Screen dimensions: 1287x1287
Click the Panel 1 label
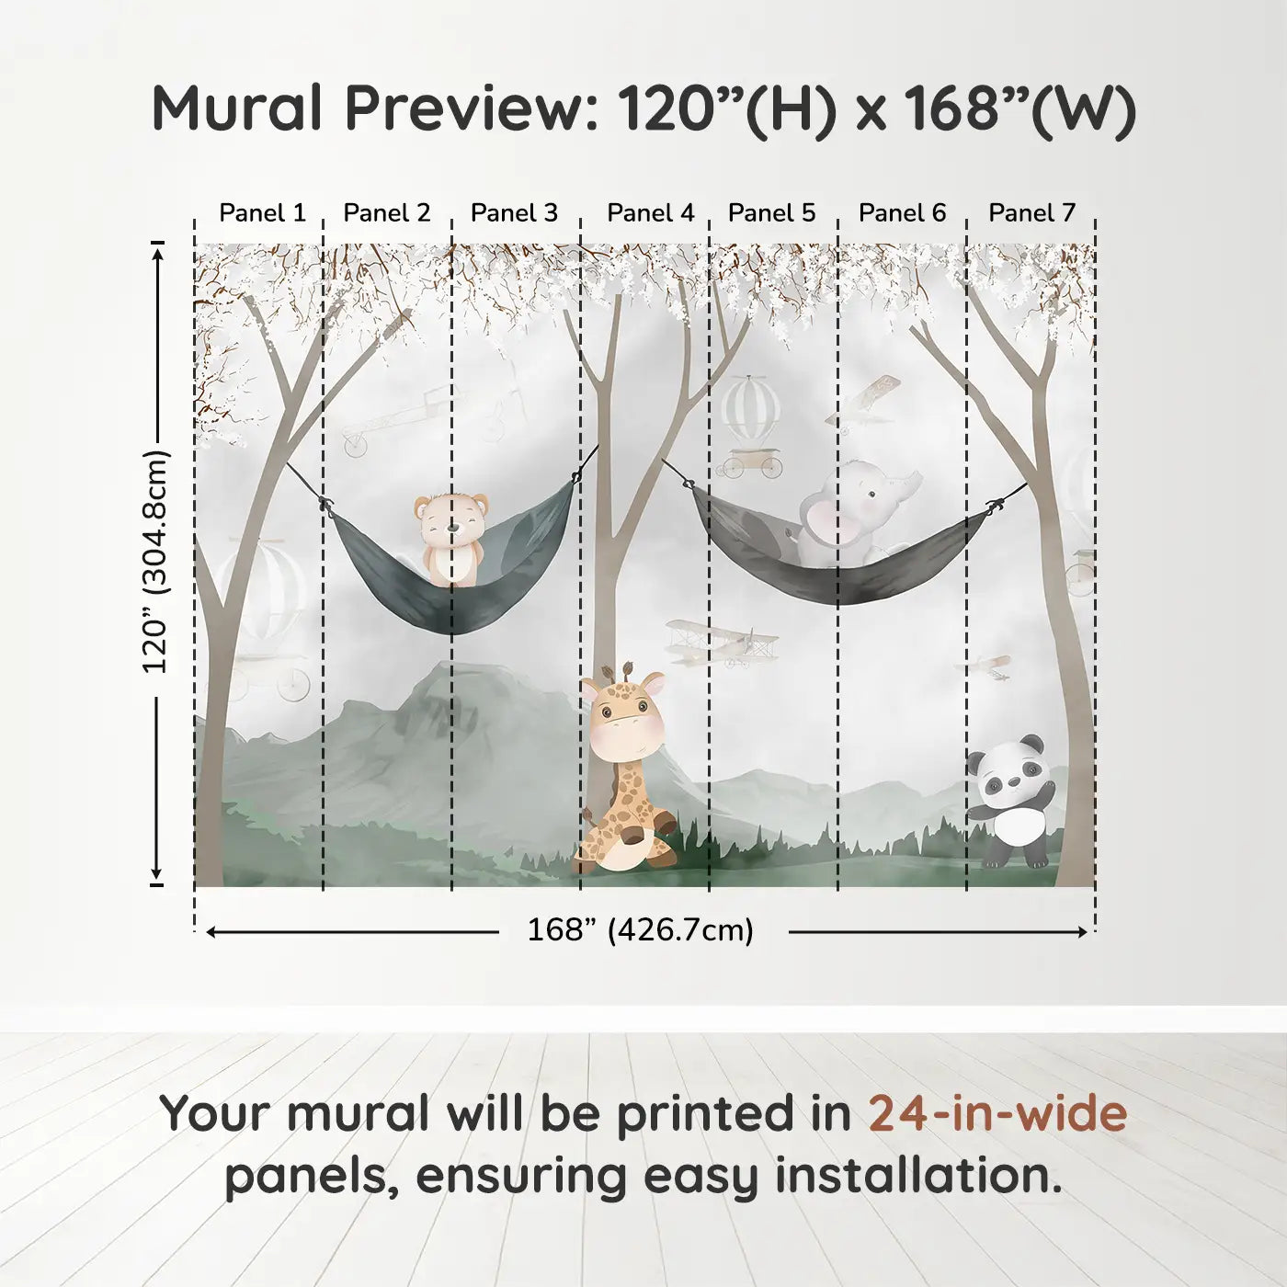[263, 213]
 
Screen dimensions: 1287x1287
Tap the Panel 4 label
[651, 213]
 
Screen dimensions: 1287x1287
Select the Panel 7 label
[1031, 213]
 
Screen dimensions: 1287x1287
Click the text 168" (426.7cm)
[641, 930]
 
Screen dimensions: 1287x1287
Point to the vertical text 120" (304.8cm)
[155, 562]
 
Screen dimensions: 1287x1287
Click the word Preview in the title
[463, 108]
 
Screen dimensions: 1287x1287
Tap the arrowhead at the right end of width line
[1083, 931]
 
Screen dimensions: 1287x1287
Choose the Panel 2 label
[387, 213]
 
